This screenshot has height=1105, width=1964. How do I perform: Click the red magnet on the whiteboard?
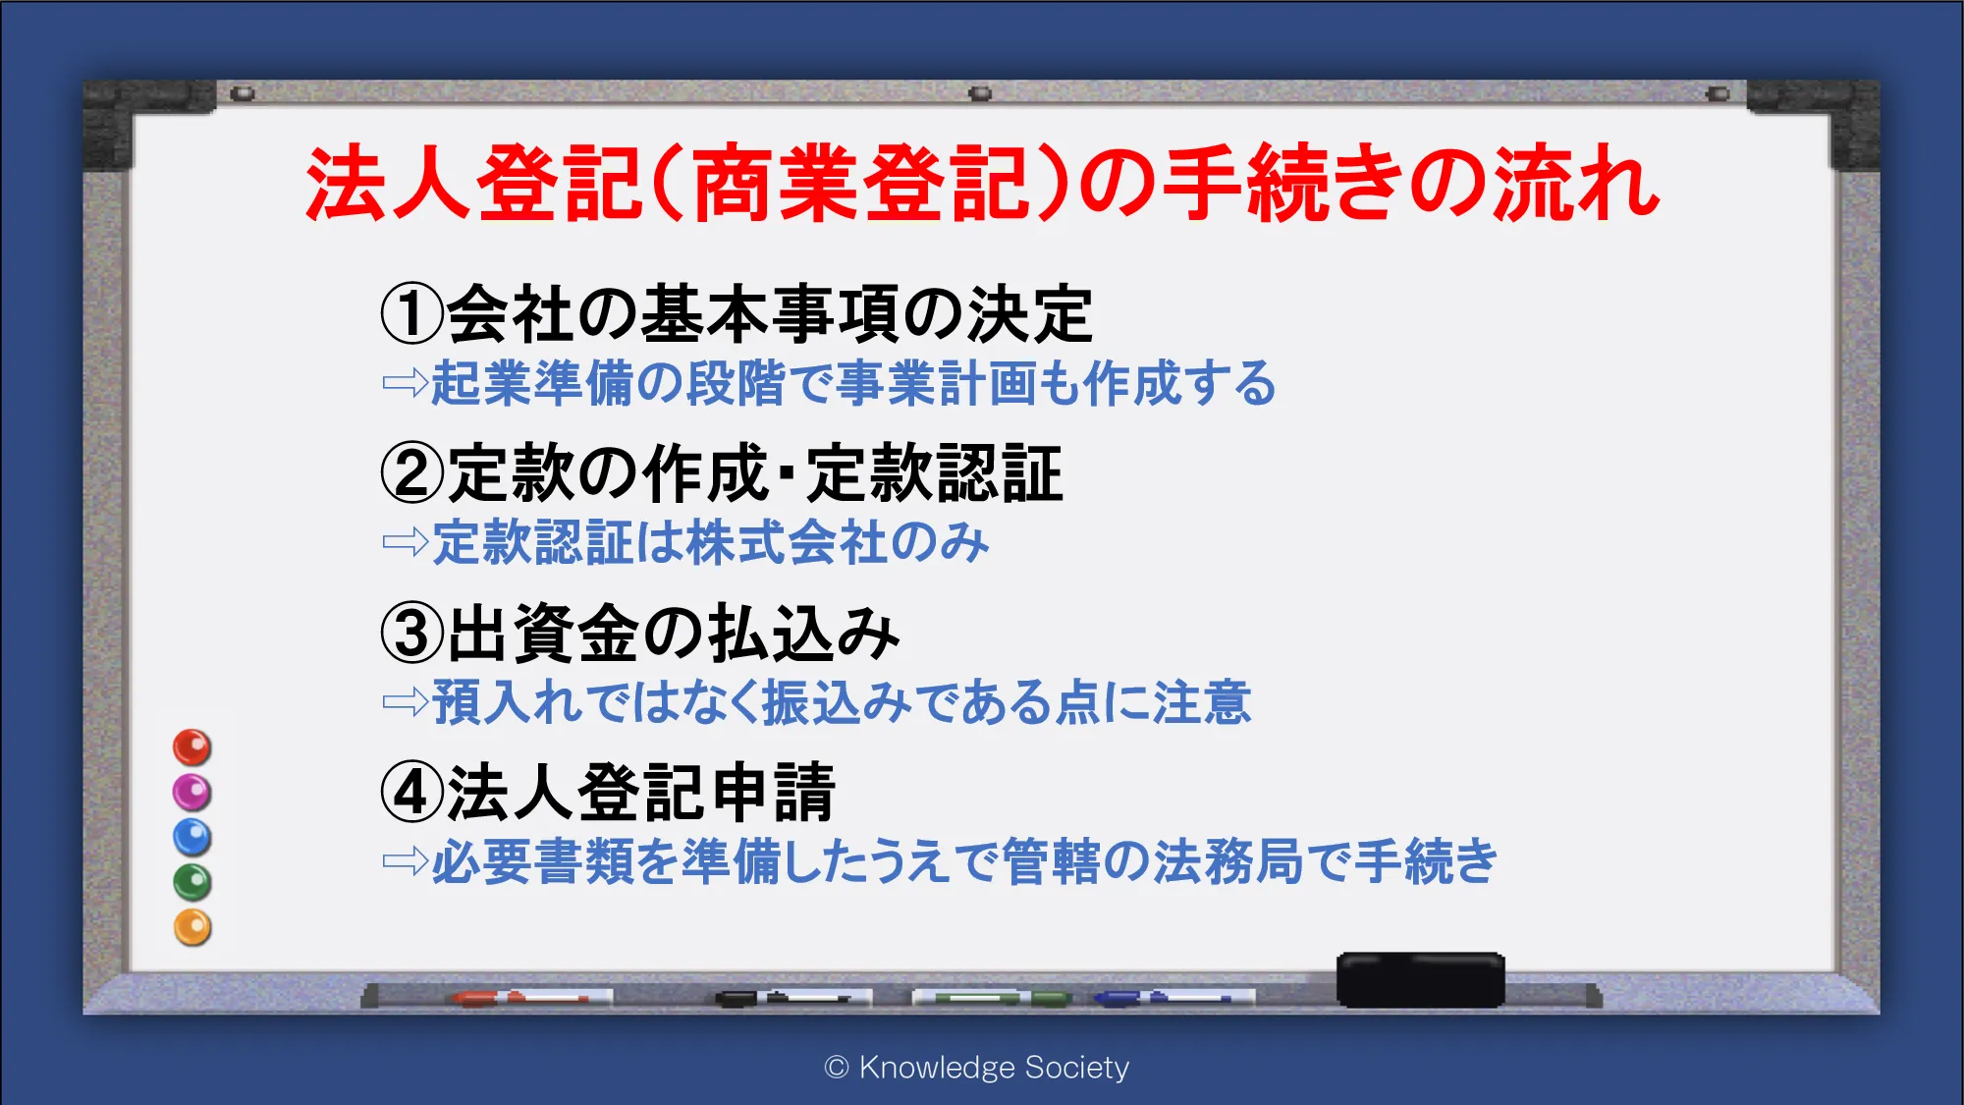pos(192,747)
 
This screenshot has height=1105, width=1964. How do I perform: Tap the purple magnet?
pos(192,793)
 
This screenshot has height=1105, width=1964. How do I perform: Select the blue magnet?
pos(192,838)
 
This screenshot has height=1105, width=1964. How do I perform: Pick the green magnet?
pos(192,883)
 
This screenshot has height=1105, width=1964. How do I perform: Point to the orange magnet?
pos(192,928)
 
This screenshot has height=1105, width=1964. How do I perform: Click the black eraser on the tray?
pos(1421,979)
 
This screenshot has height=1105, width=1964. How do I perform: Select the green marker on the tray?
pos(992,998)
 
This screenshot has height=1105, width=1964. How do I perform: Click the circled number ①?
pos(412,314)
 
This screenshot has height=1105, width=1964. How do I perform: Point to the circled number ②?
pos(412,473)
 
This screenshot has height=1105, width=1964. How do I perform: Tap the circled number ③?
pos(412,634)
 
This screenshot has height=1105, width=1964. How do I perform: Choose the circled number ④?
pos(412,793)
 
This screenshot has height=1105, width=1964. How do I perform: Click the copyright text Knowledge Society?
pos(977,1067)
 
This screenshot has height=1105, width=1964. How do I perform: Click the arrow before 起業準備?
pos(406,382)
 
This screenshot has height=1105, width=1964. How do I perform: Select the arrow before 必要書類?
pos(406,861)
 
